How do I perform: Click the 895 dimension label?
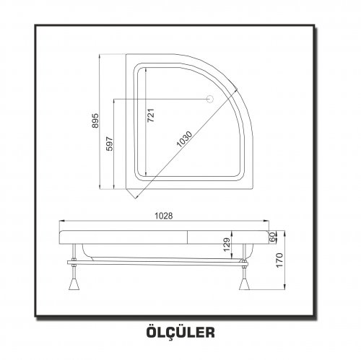pos(95,120)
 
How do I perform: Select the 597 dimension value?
pos(110,144)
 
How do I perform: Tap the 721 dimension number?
pos(151,115)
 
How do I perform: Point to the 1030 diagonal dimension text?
pos(184,139)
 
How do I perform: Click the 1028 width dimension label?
pos(164,216)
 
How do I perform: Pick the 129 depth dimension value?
pos(227,245)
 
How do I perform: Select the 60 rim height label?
pos(272,237)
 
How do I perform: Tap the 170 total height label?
pos(279,260)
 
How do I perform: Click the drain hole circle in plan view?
pos(210,99)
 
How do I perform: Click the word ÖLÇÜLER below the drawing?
pos(180,332)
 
